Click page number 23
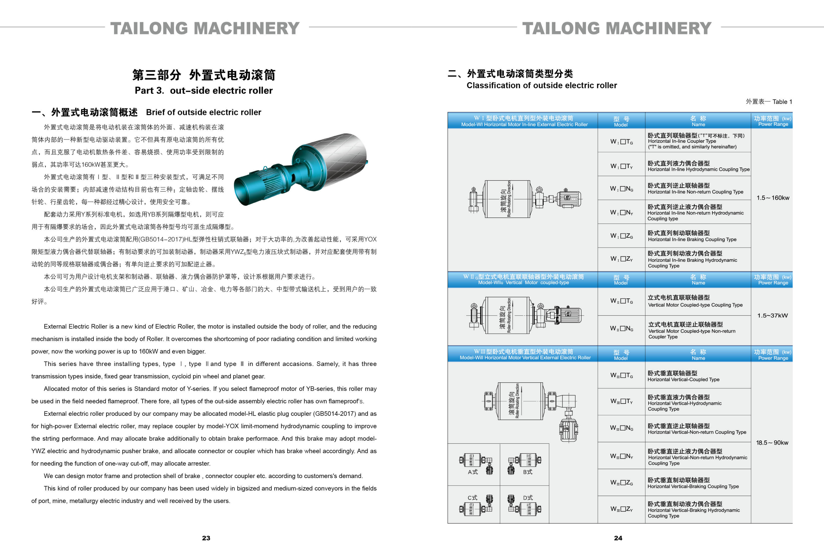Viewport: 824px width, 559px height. pos(206,538)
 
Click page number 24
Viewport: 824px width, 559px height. pos(618,538)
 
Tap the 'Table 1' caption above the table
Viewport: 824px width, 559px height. pos(769,102)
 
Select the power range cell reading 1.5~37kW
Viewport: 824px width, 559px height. pos(772,316)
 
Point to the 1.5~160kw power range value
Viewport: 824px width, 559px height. pos(773,198)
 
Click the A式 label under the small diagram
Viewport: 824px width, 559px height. pos(473,472)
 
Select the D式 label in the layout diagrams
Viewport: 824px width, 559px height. pos(528,498)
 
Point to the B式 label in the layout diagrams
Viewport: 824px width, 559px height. pos(528,472)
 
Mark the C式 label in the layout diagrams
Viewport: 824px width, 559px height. pos(472,498)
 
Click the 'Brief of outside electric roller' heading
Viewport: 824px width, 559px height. pos(203,112)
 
